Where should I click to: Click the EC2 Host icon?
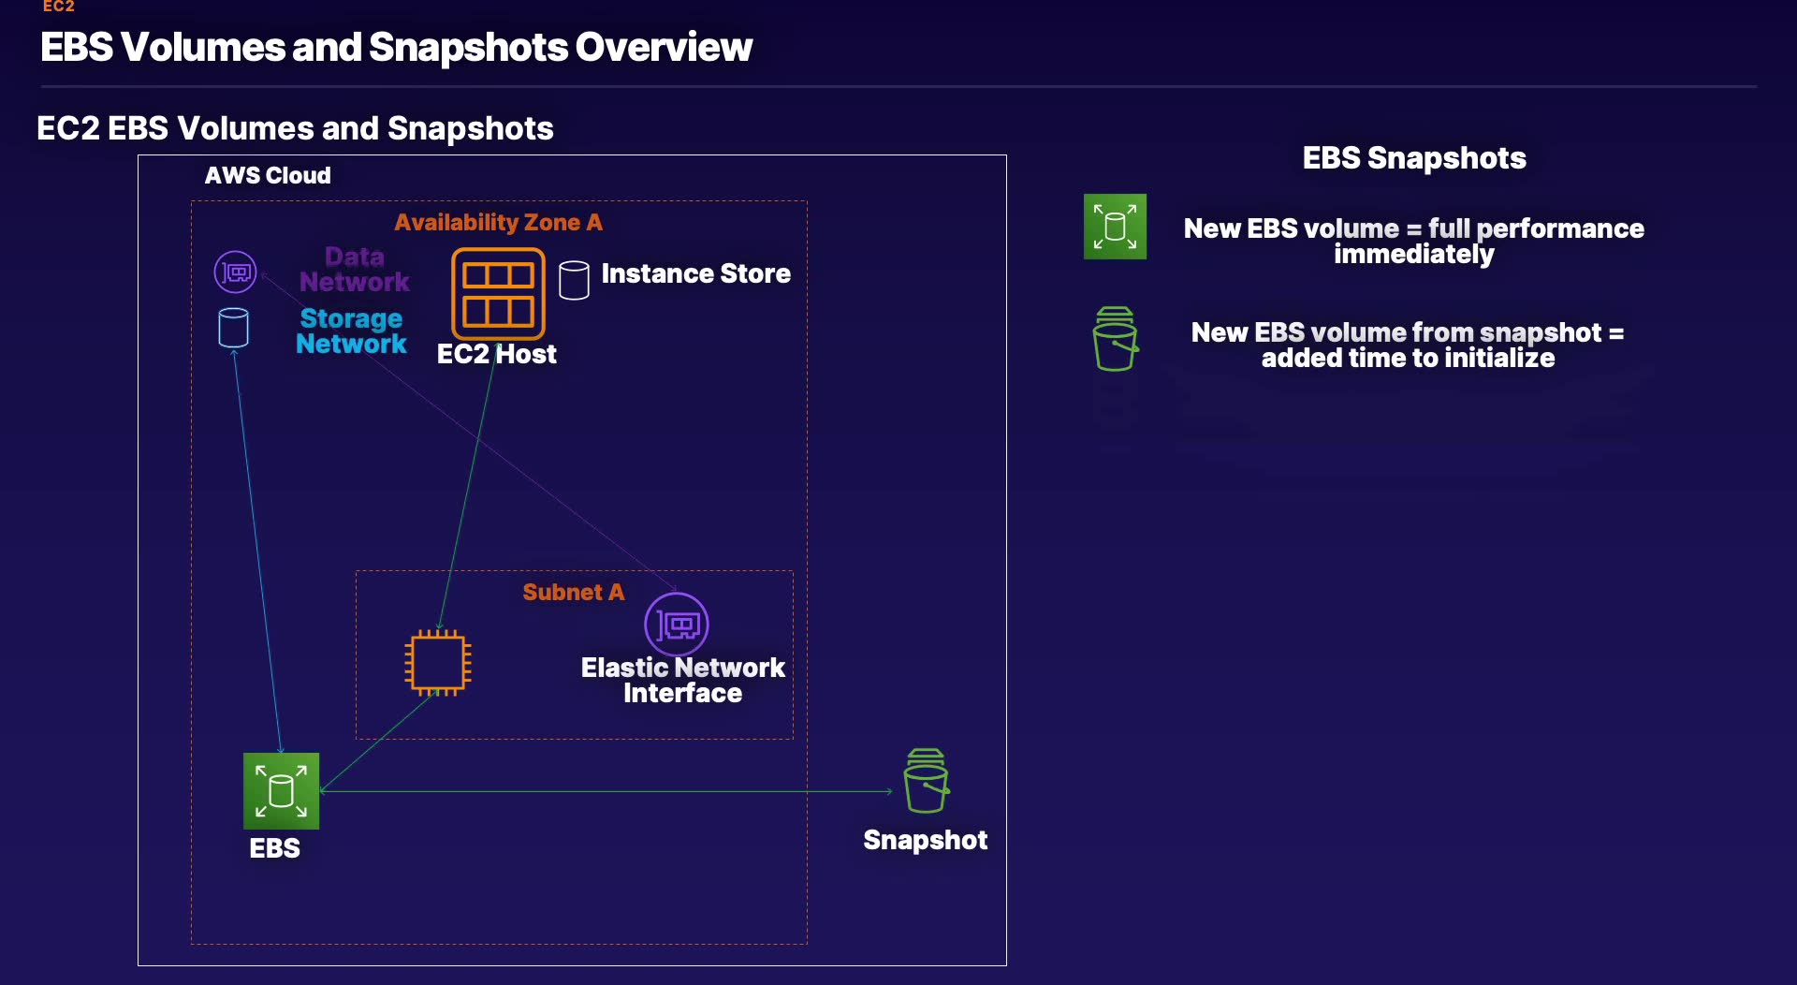[x=498, y=293]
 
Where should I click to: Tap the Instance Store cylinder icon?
[x=574, y=280]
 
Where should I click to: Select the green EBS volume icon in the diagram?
[x=281, y=791]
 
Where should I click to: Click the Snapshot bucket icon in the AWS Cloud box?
[x=926, y=781]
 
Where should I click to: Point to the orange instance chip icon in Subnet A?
[x=438, y=663]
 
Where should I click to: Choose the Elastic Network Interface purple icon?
[x=677, y=625]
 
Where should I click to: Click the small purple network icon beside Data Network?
[x=235, y=272]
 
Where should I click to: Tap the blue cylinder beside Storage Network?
[x=233, y=328]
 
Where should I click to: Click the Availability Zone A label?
[x=498, y=223]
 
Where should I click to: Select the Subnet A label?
[x=573, y=592]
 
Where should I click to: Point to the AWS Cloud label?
[x=268, y=176]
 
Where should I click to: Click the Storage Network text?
[x=351, y=331]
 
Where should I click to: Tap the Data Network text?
[x=354, y=270]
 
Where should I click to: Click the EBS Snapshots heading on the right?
[x=1413, y=158]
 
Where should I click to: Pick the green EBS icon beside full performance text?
[x=1115, y=227]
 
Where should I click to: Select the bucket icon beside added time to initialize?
[x=1115, y=339]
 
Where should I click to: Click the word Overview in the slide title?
[x=664, y=48]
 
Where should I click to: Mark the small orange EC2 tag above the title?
[x=58, y=7]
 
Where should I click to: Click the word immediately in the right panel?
[x=1413, y=255]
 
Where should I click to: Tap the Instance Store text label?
[x=695, y=273]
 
